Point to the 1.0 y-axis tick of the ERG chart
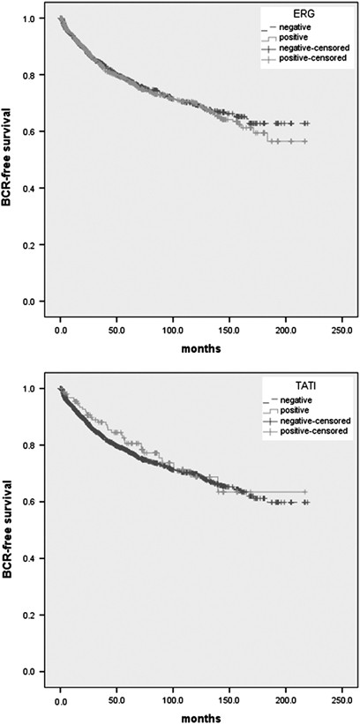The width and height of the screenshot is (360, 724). point(30,19)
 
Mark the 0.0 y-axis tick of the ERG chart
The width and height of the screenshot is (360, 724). point(30,302)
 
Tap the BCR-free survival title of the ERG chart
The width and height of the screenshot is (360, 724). point(10,161)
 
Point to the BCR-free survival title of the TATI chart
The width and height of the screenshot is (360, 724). point(10,532)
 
